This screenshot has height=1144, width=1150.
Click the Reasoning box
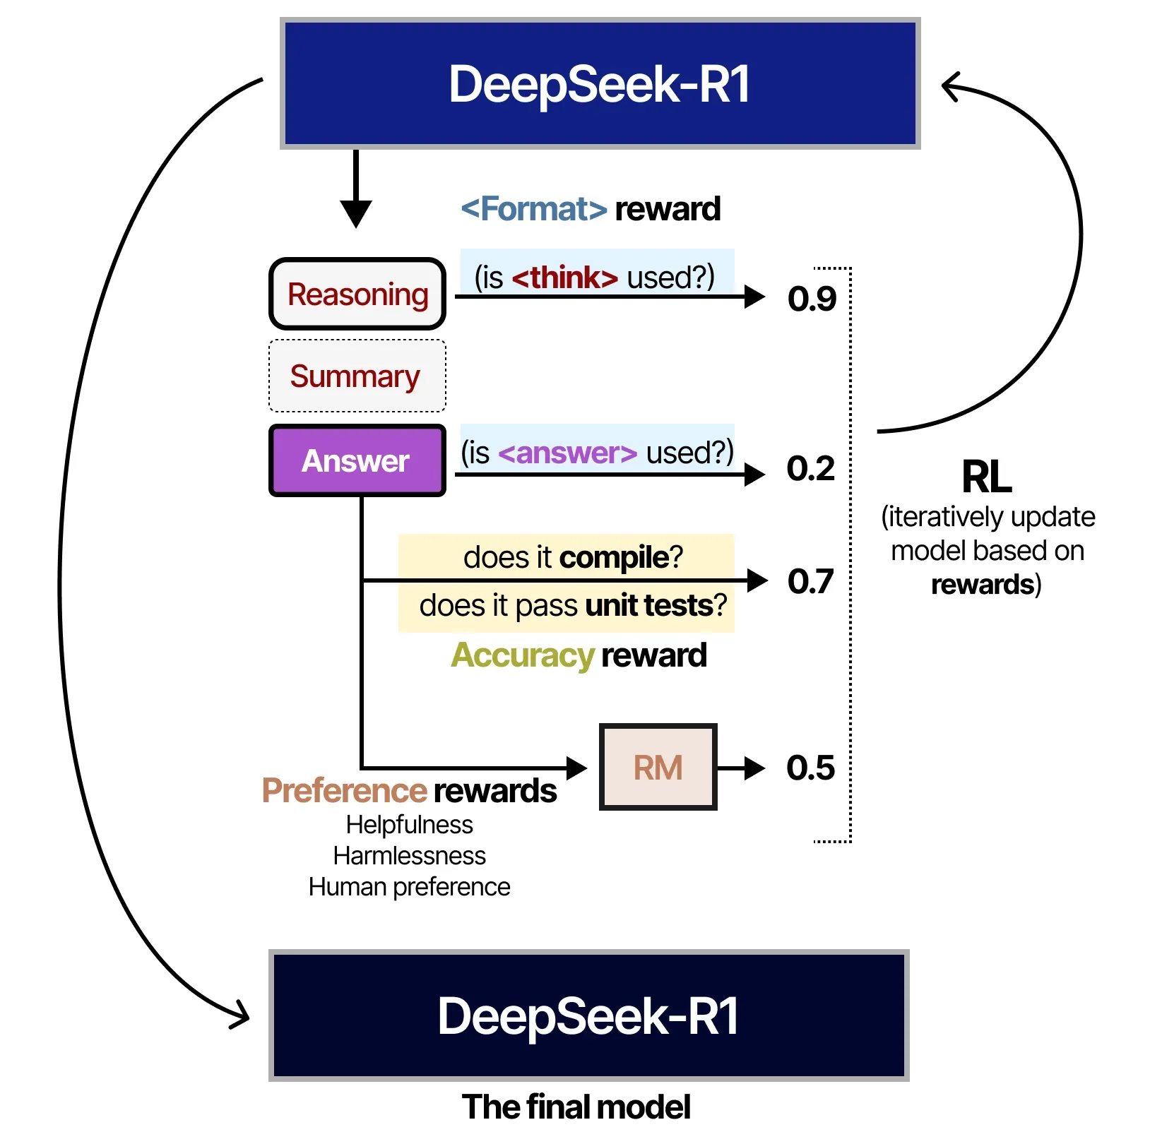click(357, 294)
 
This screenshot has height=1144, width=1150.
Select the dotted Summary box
click(357, 376)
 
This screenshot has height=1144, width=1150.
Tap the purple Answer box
click(357, 460)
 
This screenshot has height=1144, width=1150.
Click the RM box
click(658, 767)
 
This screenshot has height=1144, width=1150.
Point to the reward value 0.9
click(812, 298)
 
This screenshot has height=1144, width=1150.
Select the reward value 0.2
click(810, 468)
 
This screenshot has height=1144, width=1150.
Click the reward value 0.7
click(810, 581)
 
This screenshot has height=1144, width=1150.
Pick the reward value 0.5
click(810, 768)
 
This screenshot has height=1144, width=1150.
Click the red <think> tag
click(564, 278)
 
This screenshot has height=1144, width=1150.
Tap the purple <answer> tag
click(567, 453)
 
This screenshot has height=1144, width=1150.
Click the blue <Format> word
click(533, 209)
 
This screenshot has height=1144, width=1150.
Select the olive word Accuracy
click(523, 655)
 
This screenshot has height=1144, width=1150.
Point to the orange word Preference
click(345, 790)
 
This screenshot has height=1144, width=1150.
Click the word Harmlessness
click(409, 856)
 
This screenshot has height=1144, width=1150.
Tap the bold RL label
click(986, 477)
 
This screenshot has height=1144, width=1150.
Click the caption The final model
click(576, 1107)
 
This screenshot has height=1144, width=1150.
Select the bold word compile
click(614, 558)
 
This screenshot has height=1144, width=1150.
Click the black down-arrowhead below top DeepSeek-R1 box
click(356, 213)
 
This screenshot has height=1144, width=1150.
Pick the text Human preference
click(409, 887)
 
